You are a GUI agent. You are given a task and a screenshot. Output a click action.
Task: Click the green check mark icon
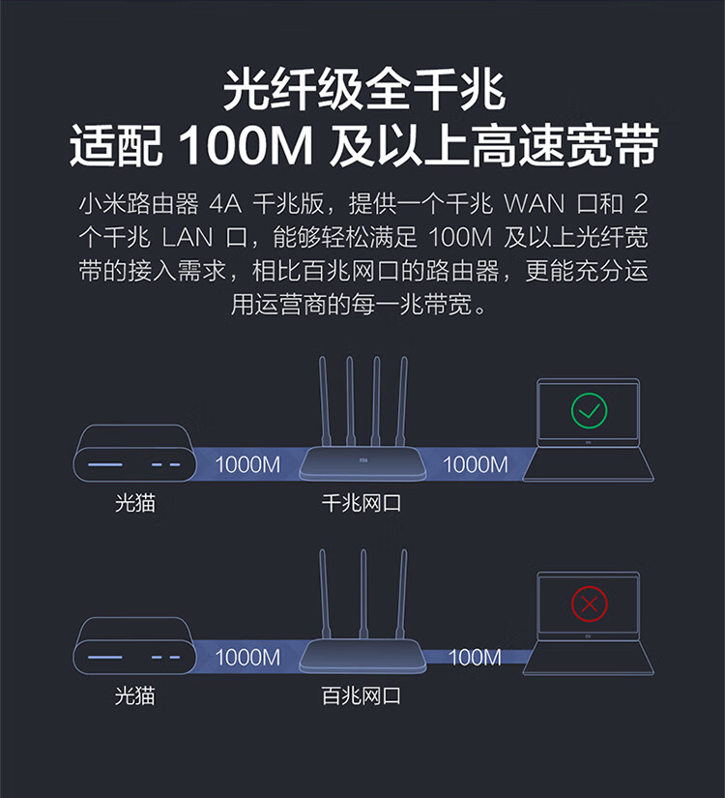tap(589, 410)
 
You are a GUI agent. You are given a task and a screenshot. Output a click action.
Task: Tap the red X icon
tap(589, 604)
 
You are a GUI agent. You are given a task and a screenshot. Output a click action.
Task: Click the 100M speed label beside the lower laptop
tap(475, 657)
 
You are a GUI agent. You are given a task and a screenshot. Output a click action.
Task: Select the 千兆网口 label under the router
tap(361, 503)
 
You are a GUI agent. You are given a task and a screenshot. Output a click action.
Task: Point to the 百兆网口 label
tap(361, 695)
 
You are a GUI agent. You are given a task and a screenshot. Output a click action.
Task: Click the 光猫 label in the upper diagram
tap(134, 503)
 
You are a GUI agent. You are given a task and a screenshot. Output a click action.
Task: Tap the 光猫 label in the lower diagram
tap(134, 695)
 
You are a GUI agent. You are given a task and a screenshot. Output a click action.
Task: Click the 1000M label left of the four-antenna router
tap(247, 464)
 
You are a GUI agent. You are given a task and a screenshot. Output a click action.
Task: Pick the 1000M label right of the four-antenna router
tap(476, 464)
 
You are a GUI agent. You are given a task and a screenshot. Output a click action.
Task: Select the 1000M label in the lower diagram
tap(247, 657)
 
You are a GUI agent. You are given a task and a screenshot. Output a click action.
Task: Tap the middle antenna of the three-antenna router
tap(363, 594)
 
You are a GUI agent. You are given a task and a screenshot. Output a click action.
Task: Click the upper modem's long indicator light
tap(104, 464)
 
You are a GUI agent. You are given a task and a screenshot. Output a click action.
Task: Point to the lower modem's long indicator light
tap(104, 657)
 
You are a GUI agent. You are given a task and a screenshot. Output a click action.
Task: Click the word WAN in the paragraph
tap(534, 204)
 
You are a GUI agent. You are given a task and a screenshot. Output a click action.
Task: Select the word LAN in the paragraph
tap(188, 238)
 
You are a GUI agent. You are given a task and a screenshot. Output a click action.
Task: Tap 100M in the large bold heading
tap(246, 146)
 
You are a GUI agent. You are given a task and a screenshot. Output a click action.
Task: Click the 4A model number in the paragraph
tap(225, 204)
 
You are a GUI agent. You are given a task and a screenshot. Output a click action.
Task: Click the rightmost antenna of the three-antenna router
tap(402, 594)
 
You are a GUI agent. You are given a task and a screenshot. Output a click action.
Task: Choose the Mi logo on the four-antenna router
tap(362, 460)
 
